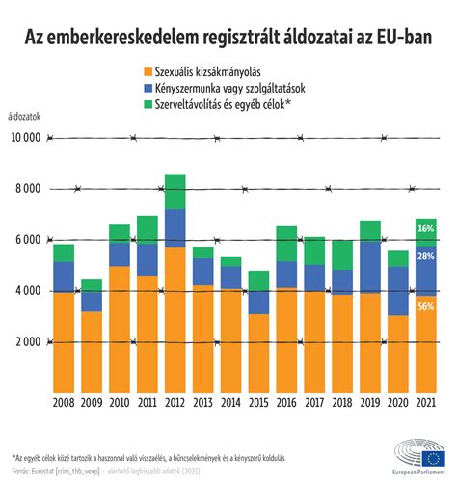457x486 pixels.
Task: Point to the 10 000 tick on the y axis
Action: pos(25,138)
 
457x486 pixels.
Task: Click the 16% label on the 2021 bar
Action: pos(427,229)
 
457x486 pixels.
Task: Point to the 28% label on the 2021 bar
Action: pos(427,257)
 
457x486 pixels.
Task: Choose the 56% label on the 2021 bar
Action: pos(427,307)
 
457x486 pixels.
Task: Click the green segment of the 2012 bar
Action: pos(175,191)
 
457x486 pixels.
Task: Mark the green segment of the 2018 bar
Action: pos(343,255)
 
